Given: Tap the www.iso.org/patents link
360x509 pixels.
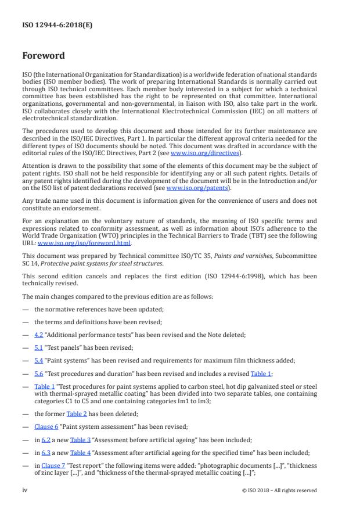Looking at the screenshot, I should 189,188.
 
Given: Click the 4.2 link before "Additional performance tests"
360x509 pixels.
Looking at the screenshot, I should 39,334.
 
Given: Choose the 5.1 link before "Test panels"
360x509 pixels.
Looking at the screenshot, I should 39,347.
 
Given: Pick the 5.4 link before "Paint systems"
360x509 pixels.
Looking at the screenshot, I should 39,360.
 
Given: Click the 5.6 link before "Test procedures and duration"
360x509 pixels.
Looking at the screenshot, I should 39,374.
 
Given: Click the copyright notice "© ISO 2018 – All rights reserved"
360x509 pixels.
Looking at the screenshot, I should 279,490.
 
